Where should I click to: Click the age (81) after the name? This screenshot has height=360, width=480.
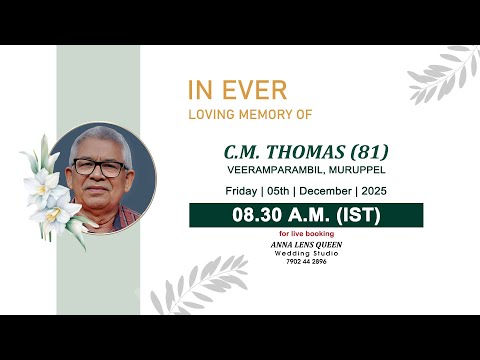pyautogui.click(x=366, y=153)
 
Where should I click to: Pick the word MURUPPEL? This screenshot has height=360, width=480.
pyautogui.click(x=350, y=170)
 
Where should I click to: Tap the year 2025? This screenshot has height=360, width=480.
pyautogui.click(x=374, y=190)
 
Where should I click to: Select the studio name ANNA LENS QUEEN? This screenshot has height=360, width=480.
pyautogui.click(x=305, y=244)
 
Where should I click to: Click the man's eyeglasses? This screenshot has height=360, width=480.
pyautogui.click(x=102, y=167)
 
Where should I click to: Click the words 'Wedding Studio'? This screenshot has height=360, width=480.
pyautogui.click(x=305, y=252)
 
